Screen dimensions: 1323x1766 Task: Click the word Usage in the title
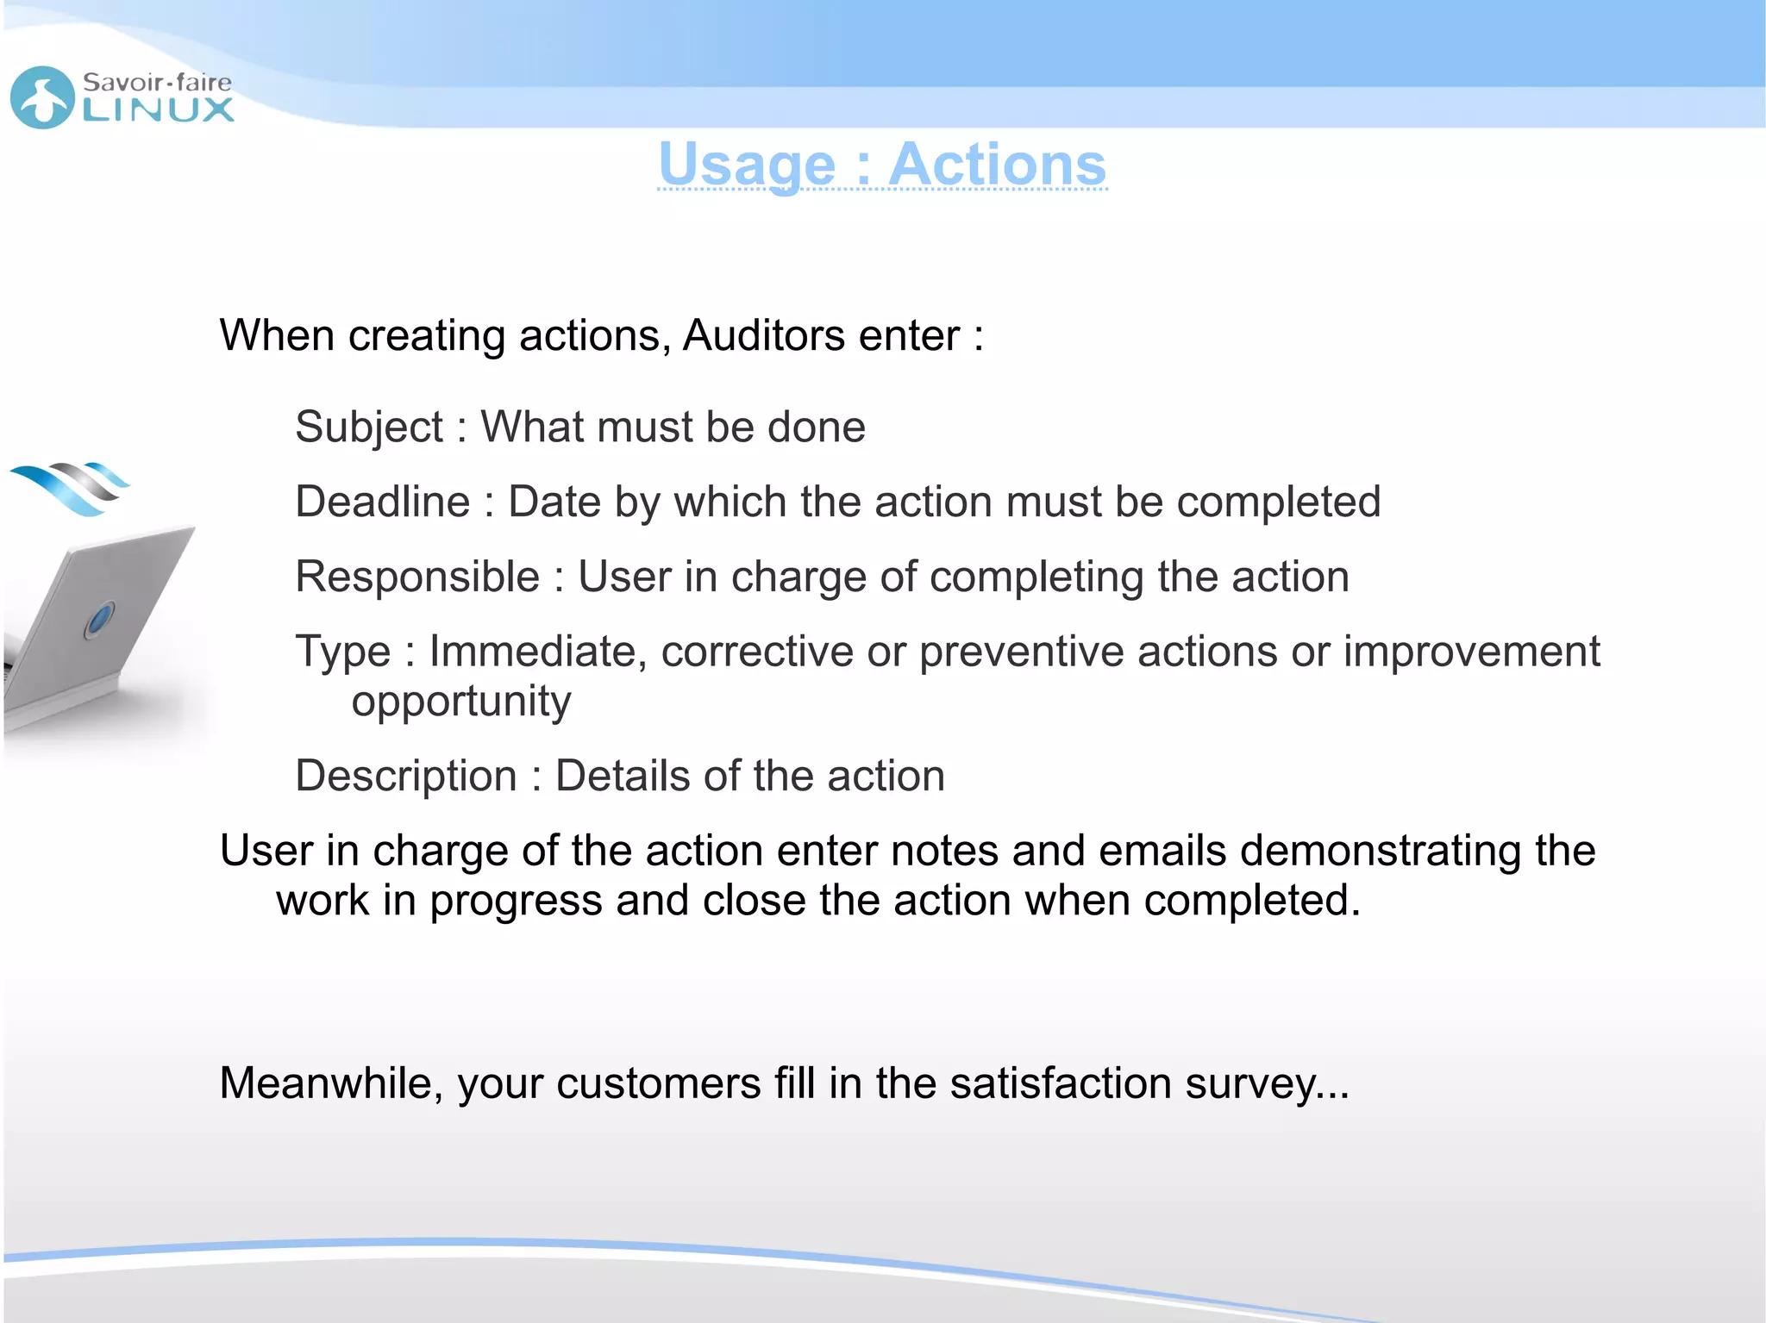coord(747,165)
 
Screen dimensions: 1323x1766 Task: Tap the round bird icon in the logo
coord(42,97)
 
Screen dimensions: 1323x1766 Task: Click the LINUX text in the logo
coord(159,109)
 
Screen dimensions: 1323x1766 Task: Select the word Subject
coord(369,427)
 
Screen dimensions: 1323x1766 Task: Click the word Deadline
coord(382,502)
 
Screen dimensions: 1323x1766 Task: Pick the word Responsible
coord(417,577)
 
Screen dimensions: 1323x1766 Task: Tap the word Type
coord(342,652)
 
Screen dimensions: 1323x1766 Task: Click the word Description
coord(405,776)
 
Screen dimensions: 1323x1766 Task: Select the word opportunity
coord(461,702)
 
